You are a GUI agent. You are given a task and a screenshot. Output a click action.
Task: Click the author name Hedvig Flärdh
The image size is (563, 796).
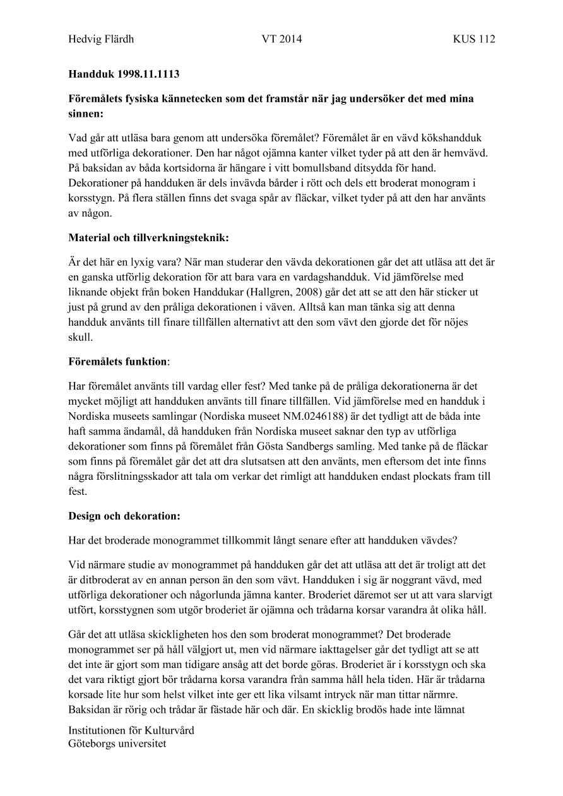click(101, 39)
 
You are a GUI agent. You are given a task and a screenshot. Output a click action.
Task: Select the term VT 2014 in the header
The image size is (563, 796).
click(281, 39)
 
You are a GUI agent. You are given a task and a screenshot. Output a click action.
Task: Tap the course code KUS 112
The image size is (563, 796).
click(473, 39)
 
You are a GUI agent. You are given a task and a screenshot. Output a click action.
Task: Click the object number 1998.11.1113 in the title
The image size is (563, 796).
click(148, 74)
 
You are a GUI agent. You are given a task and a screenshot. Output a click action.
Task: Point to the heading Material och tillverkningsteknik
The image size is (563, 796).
click(148, 238)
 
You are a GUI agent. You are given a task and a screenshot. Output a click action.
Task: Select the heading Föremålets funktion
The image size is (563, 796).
click(118, 362)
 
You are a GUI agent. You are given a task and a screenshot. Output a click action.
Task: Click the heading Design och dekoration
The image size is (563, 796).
click(124, 516)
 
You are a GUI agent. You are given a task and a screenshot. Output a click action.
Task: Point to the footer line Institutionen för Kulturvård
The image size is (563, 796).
click(131, 730)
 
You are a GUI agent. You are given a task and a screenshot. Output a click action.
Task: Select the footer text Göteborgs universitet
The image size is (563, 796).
click(117, 744)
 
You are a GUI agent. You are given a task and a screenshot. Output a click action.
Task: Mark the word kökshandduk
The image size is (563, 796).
click(453, 137)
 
